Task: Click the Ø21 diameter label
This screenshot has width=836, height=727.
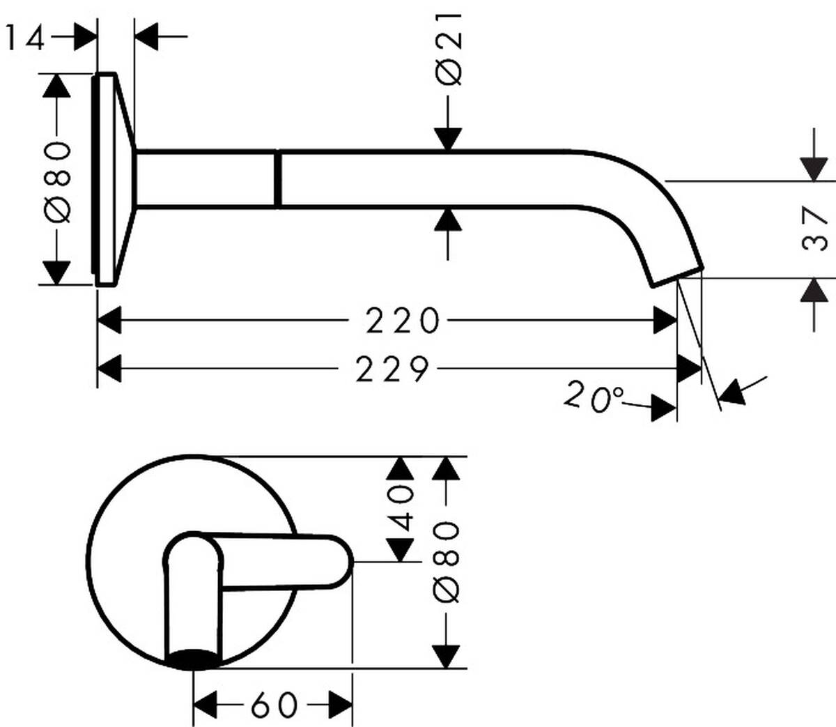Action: (x=450, y=49)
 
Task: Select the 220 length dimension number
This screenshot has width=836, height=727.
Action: (x=403, y=321)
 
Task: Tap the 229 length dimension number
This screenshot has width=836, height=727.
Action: (x=392, y=369)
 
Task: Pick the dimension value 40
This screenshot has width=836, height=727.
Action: (x=401, y=509)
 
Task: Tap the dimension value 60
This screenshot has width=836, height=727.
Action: (x=274, y=705)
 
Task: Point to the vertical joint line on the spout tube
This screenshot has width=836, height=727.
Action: (x=278, y=178)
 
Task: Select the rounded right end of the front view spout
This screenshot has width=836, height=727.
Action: (x=344, y=562)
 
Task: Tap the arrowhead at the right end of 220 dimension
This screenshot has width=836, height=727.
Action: (x=665, y=321)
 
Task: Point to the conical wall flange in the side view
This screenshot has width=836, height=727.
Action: (x=115, y=179)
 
